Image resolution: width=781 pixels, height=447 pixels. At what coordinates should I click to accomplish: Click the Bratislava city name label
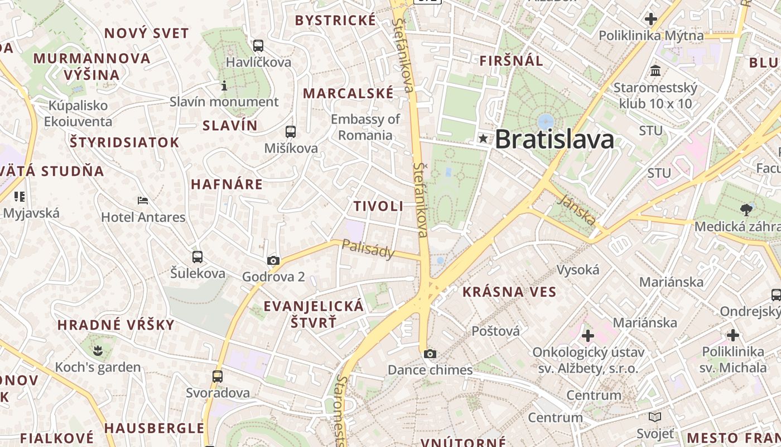click(554, 139)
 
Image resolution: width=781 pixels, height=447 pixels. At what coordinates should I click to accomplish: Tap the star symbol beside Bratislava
click(483, 138)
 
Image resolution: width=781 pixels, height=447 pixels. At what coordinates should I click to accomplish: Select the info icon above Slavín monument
click(224, 85)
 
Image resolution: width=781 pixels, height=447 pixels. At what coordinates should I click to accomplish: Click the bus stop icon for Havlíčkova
click(258, 46)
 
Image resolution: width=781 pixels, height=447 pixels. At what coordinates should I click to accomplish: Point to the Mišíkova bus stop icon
click(291, 132)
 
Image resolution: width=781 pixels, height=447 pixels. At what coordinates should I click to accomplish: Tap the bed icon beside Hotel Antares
click(143, 201)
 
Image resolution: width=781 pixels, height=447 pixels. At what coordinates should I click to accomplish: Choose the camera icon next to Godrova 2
click(273, 260)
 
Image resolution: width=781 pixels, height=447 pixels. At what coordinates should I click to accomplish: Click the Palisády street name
click(368, 249)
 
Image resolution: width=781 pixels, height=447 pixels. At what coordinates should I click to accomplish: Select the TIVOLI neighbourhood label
click(378, 206)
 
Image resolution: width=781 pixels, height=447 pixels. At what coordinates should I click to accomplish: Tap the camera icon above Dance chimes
click(430, 354)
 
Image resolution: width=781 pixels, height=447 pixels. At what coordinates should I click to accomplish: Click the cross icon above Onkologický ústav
click(588, 336)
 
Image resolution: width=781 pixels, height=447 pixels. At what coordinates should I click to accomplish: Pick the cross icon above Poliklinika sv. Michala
click(733, 335)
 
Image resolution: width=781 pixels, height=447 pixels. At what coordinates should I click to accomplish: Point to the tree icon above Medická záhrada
click(746, 210)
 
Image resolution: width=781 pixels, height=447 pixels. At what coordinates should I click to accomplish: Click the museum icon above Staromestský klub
click(655, 71)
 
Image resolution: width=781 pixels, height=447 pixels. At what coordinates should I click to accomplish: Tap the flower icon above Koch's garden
click(98, 351)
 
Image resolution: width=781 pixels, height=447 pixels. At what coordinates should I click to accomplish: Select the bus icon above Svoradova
click(218, 377)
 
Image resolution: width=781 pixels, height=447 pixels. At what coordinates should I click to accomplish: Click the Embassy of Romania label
click(365, 127)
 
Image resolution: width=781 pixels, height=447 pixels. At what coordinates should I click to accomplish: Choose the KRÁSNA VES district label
click(509, 292)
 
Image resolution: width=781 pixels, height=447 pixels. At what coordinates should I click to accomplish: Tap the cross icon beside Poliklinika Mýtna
click(650, 19)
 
